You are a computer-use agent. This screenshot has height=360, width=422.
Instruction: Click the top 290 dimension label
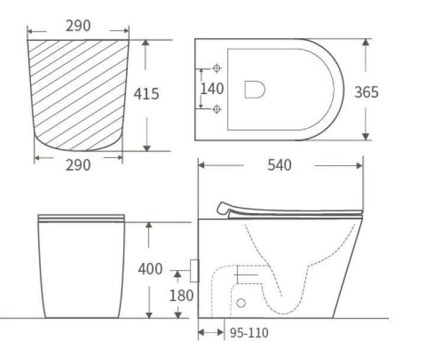pos(78,26)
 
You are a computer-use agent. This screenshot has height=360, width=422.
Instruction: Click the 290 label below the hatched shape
pos(78,165)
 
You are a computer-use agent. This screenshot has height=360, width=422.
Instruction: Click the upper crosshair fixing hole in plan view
pos(216,69)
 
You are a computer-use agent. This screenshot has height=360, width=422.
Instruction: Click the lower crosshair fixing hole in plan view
pos(216,108)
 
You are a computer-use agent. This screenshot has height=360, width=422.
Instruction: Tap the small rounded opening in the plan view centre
pos(253,89)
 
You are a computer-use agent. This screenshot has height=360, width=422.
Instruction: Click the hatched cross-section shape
pos(78,91)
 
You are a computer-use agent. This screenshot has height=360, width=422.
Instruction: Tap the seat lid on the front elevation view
pos(81,217)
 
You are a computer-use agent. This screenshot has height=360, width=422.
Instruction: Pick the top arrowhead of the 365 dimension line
pos(366,44)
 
